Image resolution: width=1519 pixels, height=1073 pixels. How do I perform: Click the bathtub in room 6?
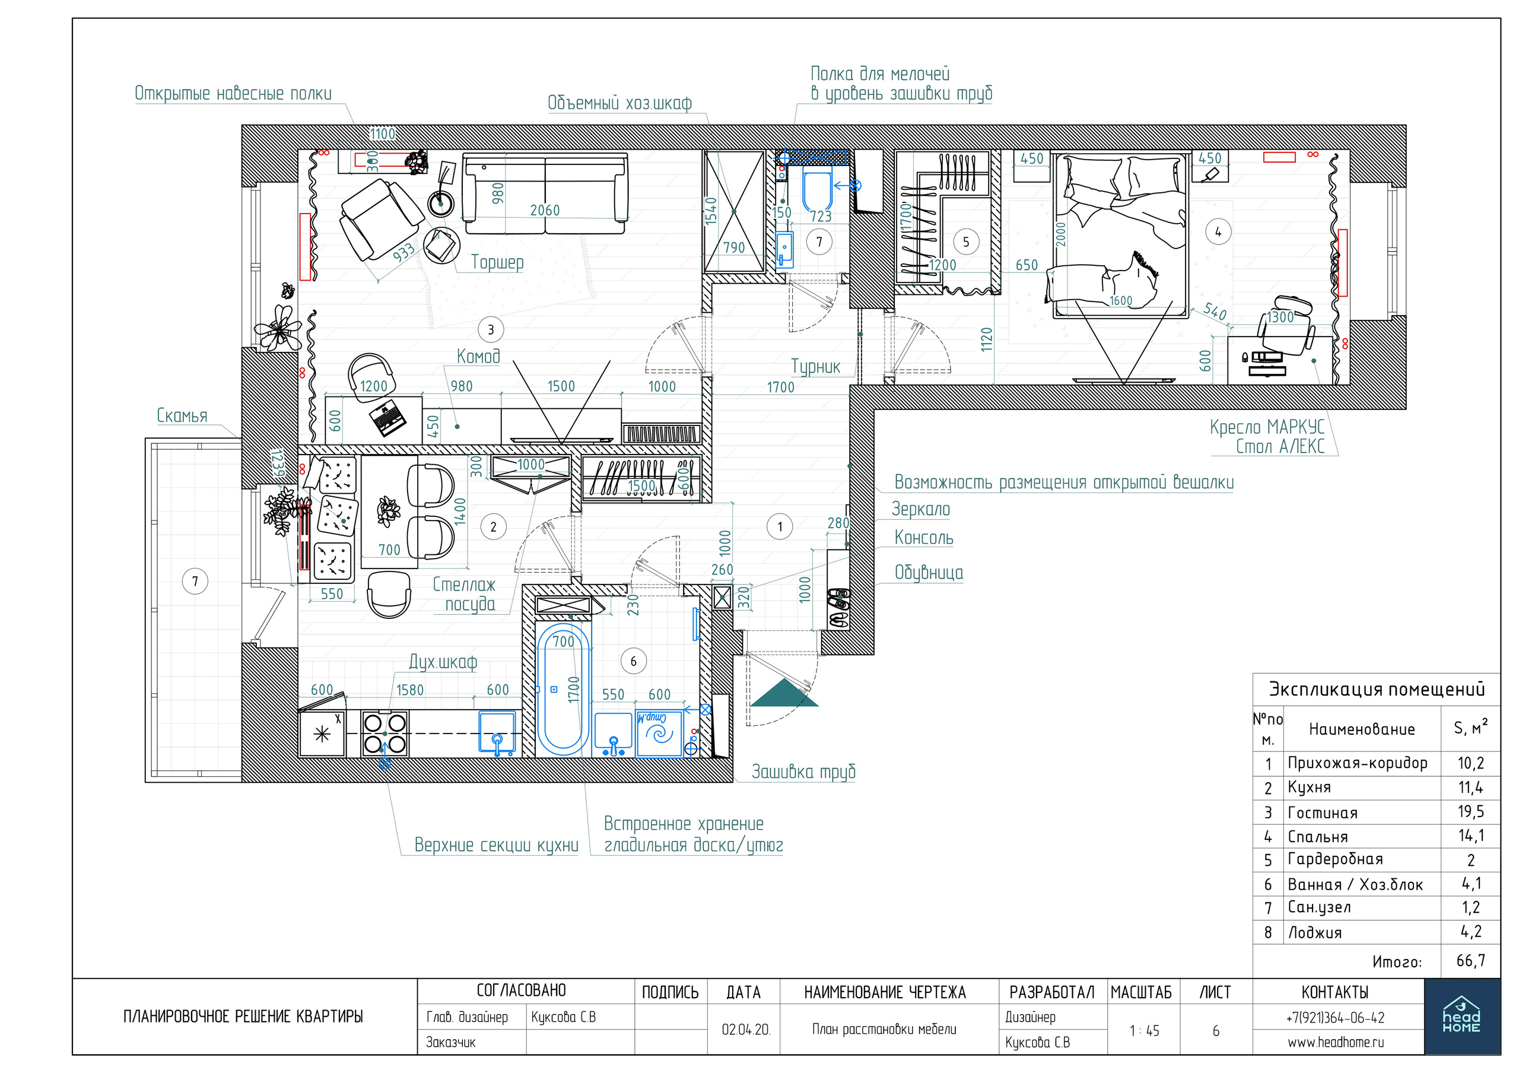coord(563,688)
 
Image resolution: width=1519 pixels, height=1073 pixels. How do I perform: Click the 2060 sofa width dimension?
coord(545,210)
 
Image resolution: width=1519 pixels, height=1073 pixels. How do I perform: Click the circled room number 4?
coord(1218,231)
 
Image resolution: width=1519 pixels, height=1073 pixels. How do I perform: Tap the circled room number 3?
coord(490,329)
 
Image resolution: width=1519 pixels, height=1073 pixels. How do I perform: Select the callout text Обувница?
coord(928,572)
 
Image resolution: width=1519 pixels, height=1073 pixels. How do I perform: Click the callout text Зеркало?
coord(920,509)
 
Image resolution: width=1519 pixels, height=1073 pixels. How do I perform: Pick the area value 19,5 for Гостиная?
coord(1471,812)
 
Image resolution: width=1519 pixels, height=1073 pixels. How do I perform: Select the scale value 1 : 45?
coord(1145,1031)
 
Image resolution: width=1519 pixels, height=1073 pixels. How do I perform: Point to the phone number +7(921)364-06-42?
coord(1335,1017)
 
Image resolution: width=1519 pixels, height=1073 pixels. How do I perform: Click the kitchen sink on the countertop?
coord(497,733)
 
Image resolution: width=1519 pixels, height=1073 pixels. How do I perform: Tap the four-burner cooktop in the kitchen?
coord(384,734)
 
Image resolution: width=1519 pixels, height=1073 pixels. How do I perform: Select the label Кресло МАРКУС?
coord(1267,427)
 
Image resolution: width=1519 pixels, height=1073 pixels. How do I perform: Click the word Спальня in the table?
coord(1317,837)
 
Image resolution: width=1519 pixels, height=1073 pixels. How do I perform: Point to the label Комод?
coord(478,357)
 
